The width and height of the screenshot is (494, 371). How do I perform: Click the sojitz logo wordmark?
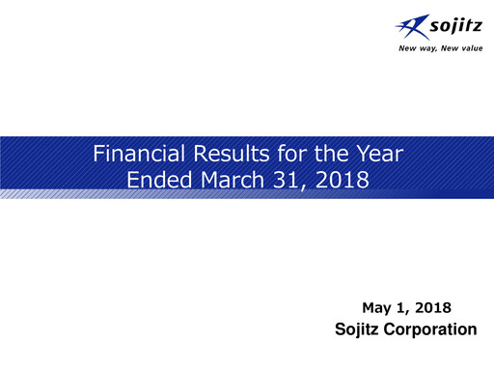434,26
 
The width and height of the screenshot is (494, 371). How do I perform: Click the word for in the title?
279,154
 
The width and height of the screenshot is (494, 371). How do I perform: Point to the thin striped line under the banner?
247,196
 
